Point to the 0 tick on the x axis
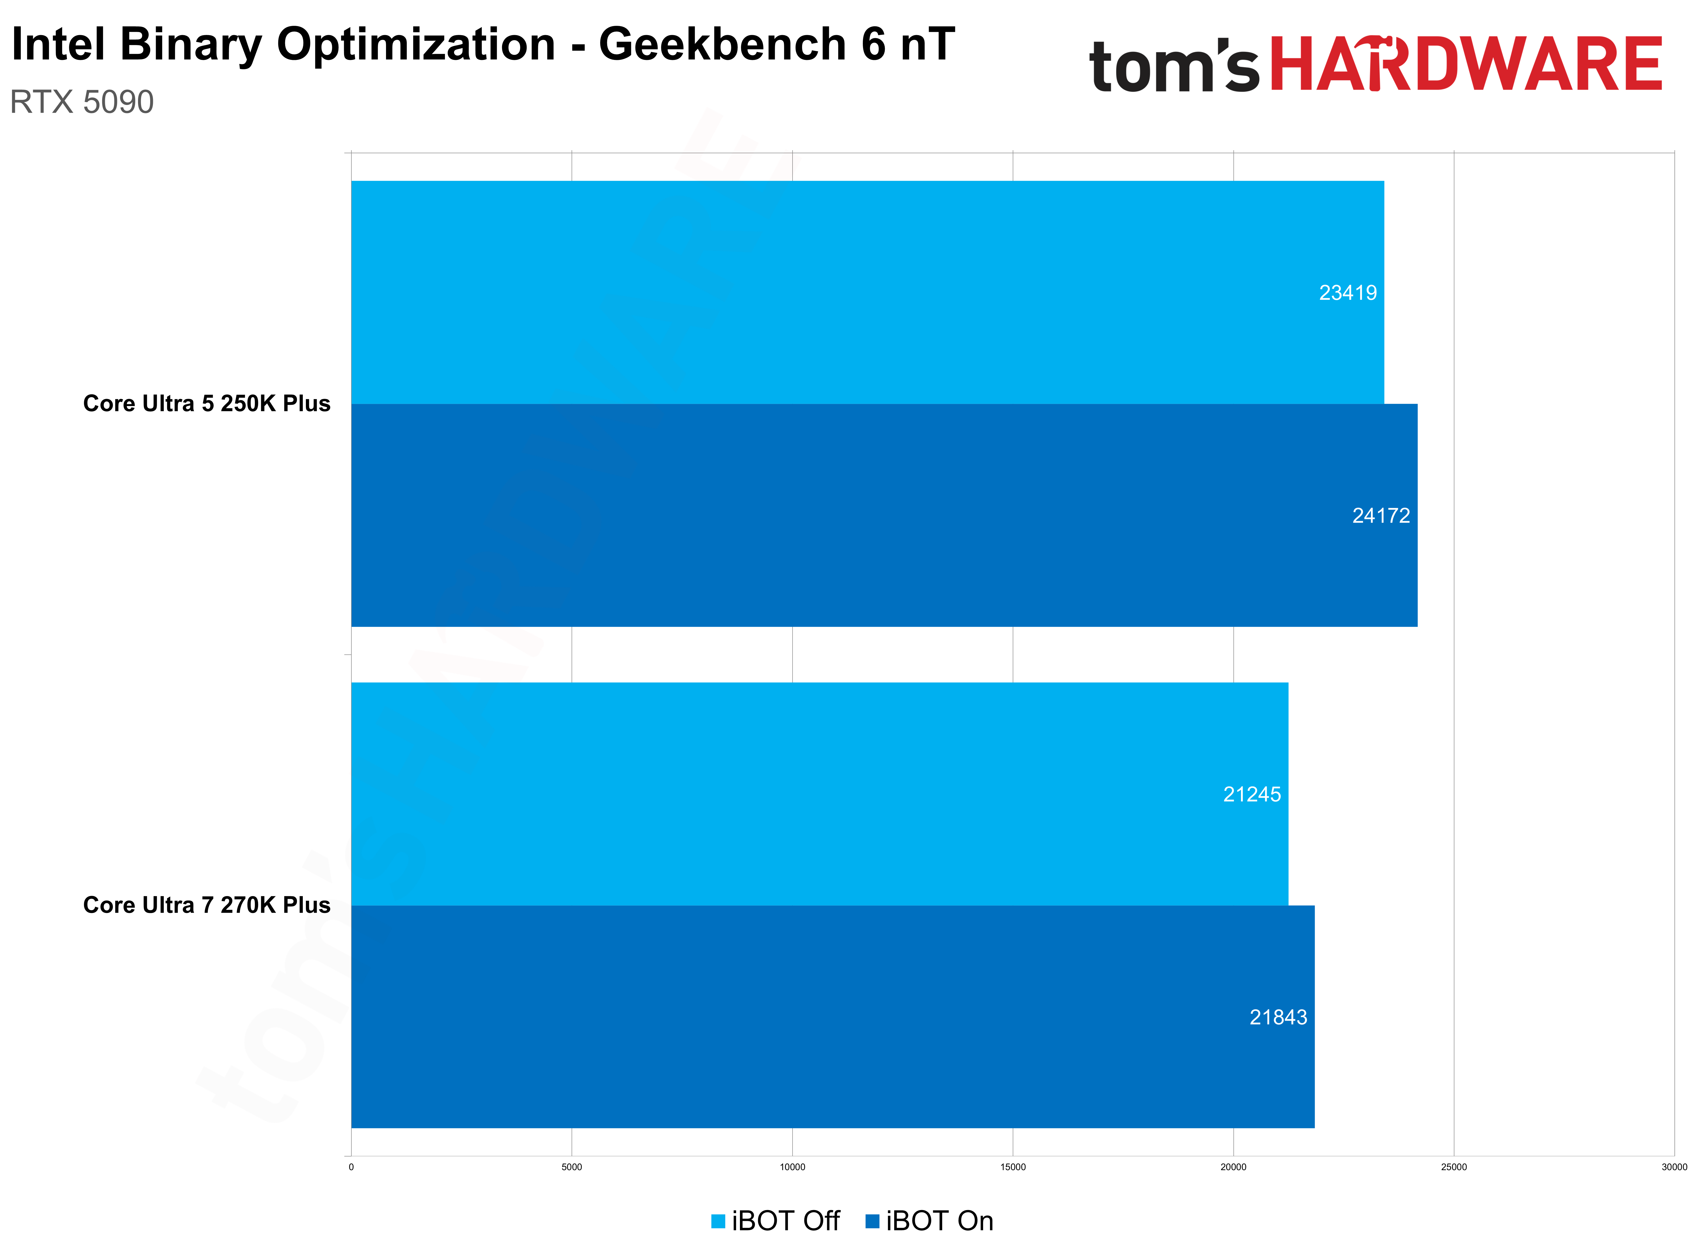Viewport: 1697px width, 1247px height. pos(351,1167)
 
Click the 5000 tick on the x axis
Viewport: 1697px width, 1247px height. pos(571,1167)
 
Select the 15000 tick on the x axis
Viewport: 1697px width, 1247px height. pos(1013,1167)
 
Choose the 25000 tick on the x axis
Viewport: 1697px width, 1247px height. pos(1453,1167)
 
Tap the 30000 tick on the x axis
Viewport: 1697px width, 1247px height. pos(1673,1167)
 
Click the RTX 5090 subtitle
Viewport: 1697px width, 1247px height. pos(81,102)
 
